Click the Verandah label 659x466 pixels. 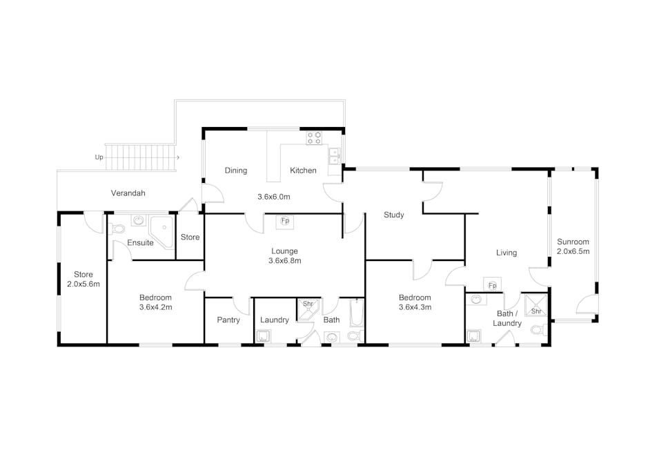[128, 193]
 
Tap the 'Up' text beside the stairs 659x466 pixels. [99, 157]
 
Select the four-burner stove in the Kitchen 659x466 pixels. [314, 138]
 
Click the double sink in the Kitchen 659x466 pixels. [334, 156]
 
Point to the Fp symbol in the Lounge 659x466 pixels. [285, 221]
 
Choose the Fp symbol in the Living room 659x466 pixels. [493, 285]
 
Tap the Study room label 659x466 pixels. [394, 215]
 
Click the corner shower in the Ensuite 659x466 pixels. [161, 233]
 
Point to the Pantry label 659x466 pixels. [228, 320]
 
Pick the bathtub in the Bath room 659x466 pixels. [356, 313]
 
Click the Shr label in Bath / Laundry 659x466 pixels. [536, 311]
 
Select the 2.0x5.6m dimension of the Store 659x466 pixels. [83, 284]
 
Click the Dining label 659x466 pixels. [236, 171]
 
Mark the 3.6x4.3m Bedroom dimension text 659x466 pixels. [415, 307]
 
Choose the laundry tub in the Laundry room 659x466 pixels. [264, 336]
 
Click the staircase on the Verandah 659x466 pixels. [140, 157]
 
